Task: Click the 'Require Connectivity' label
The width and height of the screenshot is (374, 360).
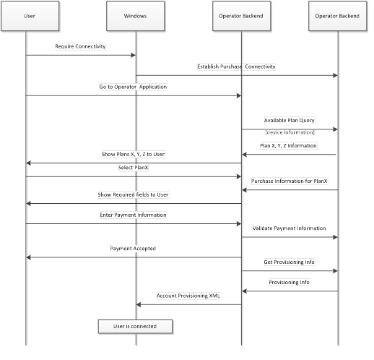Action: pyautogui.click(x=80, y=46)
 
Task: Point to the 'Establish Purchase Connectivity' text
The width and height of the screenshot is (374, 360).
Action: pyautogui.click(x=236, y=67)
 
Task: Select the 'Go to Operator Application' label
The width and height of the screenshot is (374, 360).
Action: pyautogui.click(x=133, y=87)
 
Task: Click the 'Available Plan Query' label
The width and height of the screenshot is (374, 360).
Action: pyautogui.click(x=289, y=120)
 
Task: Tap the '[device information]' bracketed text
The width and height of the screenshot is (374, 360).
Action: pyautogui.click(x=289, y=132)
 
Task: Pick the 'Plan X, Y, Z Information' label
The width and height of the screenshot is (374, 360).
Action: pyautogui.click(x=289, y=145)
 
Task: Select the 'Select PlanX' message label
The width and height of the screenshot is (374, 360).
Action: pyautogui.click(x=134, y=168)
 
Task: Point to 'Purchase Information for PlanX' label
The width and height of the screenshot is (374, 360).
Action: pyautogui.click(x=289, y=181)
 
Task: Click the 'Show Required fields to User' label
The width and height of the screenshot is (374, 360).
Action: pyautogui.click(x=134, y=194)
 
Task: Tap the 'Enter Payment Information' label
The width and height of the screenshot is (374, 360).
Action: pyautogui.click(x=134, y=215)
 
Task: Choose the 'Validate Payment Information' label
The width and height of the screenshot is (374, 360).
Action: pyautogui.click(x=289, y=228)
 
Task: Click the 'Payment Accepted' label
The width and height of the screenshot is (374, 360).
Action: pyautogui.click(x=133, y=248)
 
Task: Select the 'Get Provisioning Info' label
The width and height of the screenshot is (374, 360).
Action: pyautogui.click(x=289, y=262)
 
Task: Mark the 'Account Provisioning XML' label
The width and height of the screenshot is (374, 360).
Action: pyautogui.click(x=189, y=296)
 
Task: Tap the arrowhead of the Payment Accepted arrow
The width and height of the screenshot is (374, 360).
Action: pyautogui.click(x=29, y=257)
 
